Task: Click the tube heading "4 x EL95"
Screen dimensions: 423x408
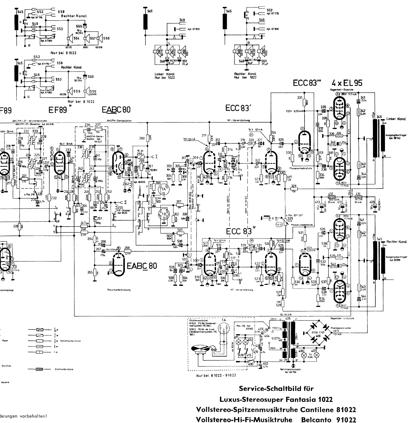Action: [347, 83]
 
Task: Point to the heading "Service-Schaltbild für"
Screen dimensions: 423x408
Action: [276, 388]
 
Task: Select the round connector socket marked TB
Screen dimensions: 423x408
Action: [164, 213]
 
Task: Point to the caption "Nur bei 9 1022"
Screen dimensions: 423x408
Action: [63, 53]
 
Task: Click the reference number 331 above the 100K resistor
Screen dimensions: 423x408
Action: [300, 98]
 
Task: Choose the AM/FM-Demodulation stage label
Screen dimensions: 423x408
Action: [119, 121]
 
